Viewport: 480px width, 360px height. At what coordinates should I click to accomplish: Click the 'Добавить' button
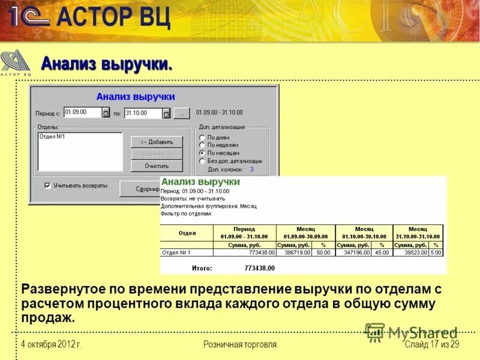tap(157, 142)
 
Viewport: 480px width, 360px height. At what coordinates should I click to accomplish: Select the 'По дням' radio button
tap(202, 137)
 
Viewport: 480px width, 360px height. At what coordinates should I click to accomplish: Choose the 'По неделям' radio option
tap(202, 145)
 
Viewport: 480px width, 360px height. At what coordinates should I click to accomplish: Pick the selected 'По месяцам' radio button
tap(202, 153)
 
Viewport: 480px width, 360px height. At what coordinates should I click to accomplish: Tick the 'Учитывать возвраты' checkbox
tap(47, 186)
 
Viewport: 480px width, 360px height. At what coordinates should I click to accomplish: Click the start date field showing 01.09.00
tap(82, 112)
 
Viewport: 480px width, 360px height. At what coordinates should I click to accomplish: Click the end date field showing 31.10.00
tap(143, 113)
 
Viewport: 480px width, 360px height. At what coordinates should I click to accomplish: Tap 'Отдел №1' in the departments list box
tap(52, 137)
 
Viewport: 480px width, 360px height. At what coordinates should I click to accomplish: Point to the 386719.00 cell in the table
tap(298, 253)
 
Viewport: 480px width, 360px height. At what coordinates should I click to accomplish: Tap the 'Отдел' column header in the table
tap(187, 233)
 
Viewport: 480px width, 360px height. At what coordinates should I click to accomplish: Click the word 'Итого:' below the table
tap(202, 268)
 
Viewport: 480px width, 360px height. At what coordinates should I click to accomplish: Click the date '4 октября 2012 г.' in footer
tap(51, 344)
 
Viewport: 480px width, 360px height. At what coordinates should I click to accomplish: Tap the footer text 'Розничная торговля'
tap(240, 344)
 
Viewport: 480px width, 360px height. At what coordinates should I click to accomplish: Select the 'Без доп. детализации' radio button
tap(202, 161)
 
